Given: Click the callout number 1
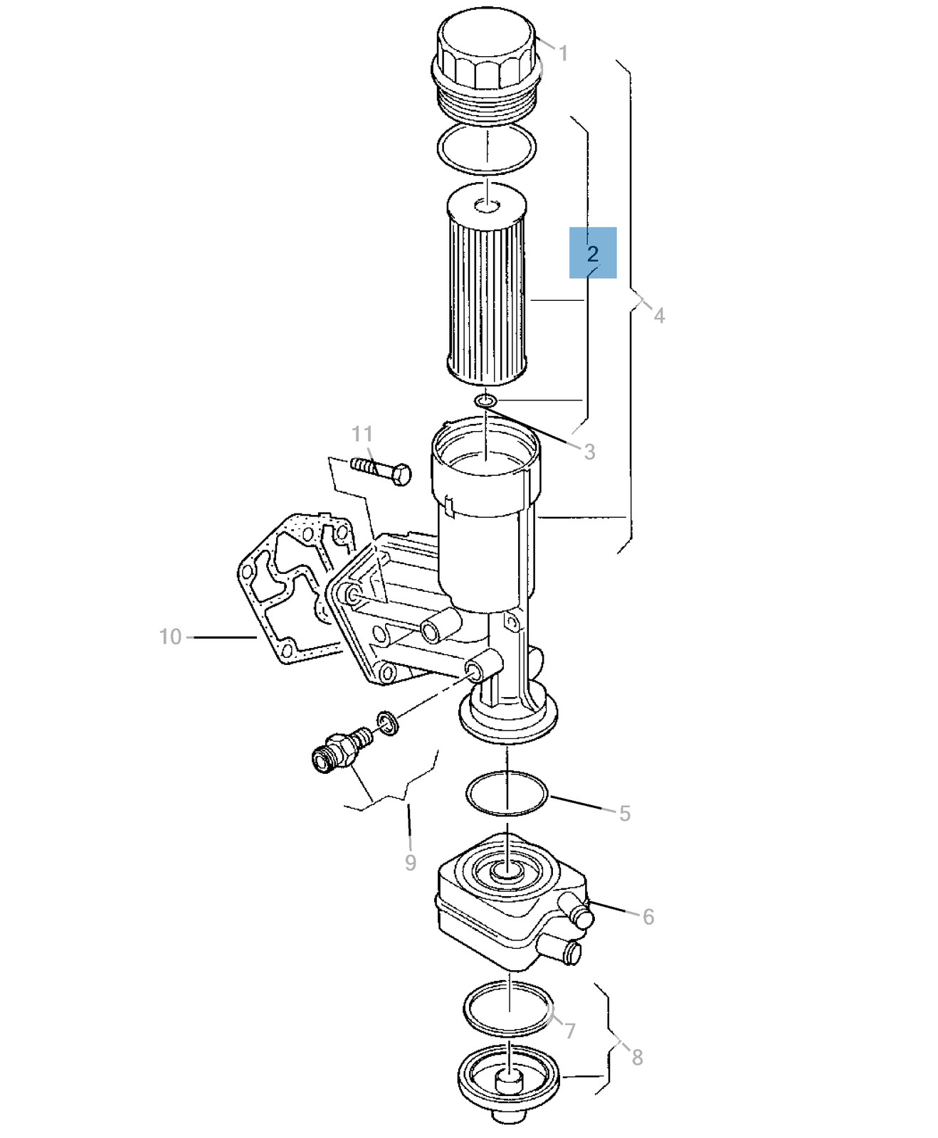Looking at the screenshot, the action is [x=563, y=53].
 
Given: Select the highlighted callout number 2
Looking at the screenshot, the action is [x=593, y=253].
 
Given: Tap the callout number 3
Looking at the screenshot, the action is [x=589, y=452].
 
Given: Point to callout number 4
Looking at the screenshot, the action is [x=659, y=316].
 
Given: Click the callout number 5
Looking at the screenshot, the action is [x=625, y=813].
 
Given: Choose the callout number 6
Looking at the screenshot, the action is [x=648, y=917].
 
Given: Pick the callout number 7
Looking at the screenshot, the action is [x=570, y=1030].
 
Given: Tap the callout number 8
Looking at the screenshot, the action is [x=637, y=1058].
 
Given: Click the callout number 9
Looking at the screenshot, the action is [x=411, y=863].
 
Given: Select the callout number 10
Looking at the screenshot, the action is [x=171, y=637].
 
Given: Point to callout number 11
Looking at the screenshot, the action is [x=362, y=434].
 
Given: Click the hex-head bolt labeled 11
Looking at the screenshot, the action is [x=381, y=470].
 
